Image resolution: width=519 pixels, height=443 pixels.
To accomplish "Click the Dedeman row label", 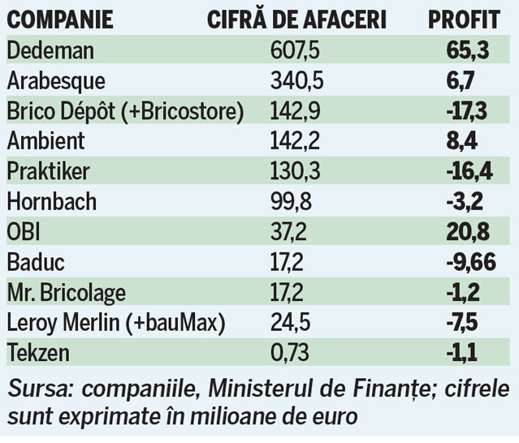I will pyautogui.click(x=50, y=50).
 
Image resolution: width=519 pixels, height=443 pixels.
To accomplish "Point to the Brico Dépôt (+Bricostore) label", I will pyautogui.click(x=125, y=110).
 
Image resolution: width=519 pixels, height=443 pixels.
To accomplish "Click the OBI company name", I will pyautogui.click(x=24, y=232).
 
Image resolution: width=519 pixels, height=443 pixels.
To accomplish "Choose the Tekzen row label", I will pyautogui.click(x=39, y=352).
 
